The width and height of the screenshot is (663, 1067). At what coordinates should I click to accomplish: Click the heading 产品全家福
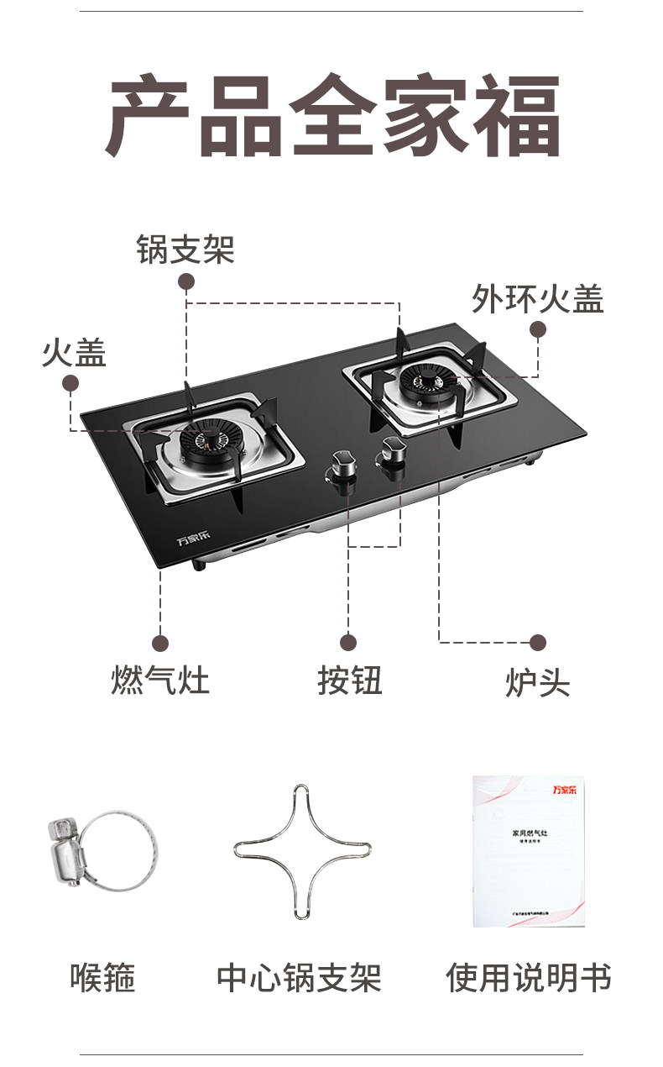click(332, 117)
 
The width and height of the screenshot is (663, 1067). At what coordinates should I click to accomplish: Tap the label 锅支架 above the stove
click(185, 250)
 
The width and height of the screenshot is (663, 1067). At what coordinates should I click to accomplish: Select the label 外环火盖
click(537, 298)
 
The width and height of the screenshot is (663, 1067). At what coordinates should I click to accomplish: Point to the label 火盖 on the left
click(74, 353)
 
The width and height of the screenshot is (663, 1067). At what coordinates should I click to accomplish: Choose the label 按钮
click(349, 680)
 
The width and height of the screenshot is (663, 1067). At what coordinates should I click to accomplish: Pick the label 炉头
click(537, 682)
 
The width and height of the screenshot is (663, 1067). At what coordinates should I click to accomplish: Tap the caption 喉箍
click(102, 978)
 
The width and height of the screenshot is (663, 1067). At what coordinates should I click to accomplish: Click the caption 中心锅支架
click(299, 978)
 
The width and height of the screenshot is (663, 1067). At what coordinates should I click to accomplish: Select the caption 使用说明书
click(529, 978)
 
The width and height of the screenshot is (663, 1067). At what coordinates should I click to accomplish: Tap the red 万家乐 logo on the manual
click(567, 789)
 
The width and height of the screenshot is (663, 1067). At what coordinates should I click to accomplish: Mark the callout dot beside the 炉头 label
click(538, 643)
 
